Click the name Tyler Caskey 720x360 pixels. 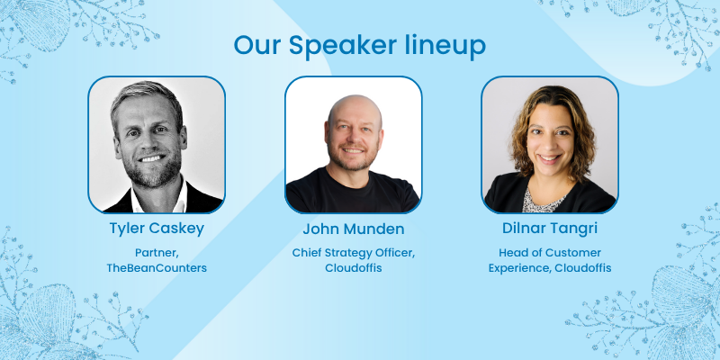point(157,229)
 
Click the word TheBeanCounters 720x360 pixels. point(157,268)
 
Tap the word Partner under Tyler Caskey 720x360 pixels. point(155,252)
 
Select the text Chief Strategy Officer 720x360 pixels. point(352,253)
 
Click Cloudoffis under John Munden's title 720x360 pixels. point(354,268)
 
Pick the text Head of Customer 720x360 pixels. point(550,253)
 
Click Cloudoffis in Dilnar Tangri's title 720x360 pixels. point(582,268)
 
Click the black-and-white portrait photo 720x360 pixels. point(157,144)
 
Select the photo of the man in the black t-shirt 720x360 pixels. point(354,144)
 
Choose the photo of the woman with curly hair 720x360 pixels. point(550,144)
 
